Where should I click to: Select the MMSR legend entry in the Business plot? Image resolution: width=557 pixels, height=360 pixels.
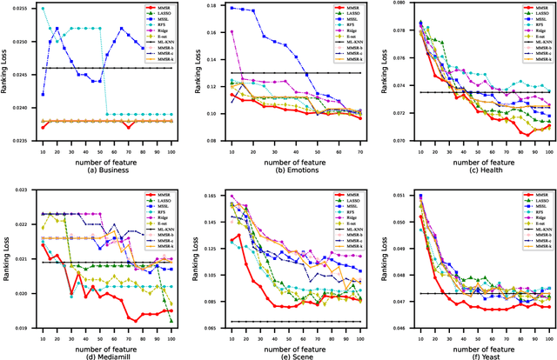pos(158,9)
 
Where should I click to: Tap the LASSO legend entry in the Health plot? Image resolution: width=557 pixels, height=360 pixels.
pos(531,16)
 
